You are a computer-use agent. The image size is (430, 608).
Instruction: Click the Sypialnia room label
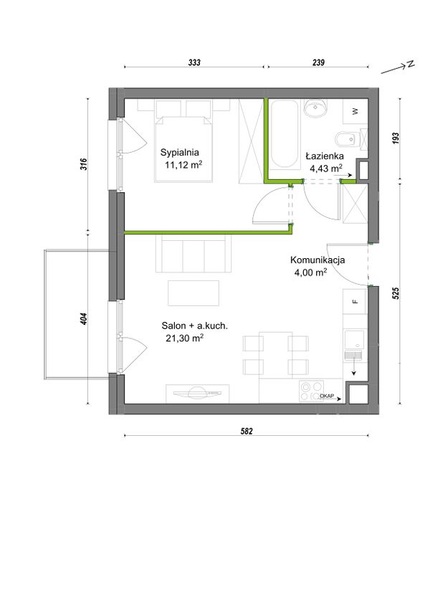click(x=179, y=153)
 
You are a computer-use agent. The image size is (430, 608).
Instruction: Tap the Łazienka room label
click(x=325, y=156)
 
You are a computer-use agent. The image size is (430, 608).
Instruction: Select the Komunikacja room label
click(x=317, y=260)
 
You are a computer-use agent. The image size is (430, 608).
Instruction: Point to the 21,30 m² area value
click(x=185, y=338)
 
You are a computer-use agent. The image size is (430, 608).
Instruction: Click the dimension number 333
click(x=194, y=62)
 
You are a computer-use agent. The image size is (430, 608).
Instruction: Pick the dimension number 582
click(x=247, y=431)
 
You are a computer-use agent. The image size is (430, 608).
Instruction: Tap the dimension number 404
click(x=84, y=319)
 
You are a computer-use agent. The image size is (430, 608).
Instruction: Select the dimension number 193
click(x=395, y=138)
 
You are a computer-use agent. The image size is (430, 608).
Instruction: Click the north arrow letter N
click(x=411, y=65)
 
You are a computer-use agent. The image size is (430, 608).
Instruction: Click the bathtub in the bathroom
click(x=285, y=134)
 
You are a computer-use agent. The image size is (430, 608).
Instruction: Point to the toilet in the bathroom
click(x=347, y=139)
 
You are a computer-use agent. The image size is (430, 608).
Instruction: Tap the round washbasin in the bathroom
click(x=315, y=108)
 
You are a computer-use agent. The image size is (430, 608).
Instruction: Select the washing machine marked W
click(x=355, y=112)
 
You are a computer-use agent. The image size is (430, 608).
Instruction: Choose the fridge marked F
click(x=354, y=301)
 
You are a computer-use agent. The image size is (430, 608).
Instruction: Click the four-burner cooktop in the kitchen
click(x=311, y=391)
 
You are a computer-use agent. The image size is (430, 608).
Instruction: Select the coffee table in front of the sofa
click(x=193, y=293)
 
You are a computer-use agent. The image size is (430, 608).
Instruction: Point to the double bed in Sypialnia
click(x=183, y=141)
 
